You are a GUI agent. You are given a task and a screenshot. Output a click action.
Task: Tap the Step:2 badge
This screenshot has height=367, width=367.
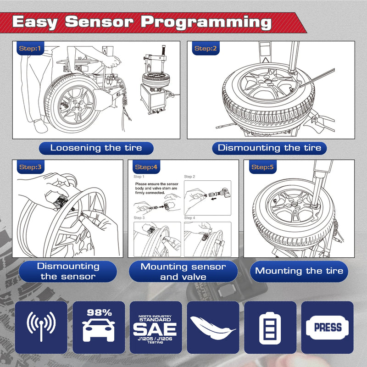point(203,48)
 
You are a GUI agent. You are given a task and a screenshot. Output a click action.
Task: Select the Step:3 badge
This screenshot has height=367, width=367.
point(30,167)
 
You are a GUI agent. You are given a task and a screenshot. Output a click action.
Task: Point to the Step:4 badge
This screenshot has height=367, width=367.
point(146,167)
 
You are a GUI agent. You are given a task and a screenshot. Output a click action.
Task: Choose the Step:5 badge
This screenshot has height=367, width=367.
point(262,167)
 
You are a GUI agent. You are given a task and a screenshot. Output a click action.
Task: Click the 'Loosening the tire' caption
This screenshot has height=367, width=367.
point(96,148)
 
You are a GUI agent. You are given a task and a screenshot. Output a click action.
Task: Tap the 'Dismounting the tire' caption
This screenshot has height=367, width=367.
point(269,148)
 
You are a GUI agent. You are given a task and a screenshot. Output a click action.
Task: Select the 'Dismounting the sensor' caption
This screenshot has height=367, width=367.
point(68,271)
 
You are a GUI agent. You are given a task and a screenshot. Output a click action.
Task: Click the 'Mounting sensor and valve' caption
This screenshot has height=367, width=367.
point(183,272)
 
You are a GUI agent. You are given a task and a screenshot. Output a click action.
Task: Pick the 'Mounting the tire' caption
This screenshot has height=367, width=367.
point(299,271)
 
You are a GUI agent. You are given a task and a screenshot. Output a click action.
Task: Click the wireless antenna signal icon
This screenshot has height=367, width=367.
point(41,327)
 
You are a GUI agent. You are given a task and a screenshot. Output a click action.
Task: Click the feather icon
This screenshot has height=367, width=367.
point(213,328)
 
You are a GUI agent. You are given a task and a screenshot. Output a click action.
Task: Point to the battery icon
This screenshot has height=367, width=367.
point(270,328)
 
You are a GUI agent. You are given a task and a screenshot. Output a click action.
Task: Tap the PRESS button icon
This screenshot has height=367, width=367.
point(327,327)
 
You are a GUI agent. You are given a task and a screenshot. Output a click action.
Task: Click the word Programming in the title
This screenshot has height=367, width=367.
point(206,22)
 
